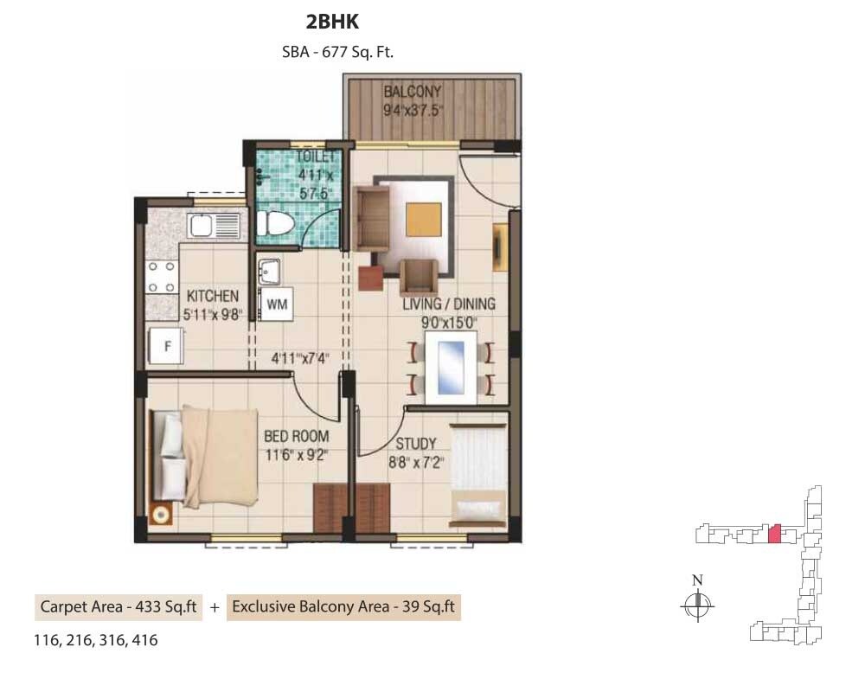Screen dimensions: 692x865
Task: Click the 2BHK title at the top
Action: (332, 22)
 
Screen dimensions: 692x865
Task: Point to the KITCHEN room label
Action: (213, 297)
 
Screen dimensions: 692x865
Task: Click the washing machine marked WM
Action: (277, 304)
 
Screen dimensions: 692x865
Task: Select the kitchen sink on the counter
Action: (201, 227)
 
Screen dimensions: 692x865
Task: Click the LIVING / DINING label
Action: (449, 304)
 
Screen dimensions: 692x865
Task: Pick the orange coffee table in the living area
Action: (422, 215)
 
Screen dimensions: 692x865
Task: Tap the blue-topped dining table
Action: (450, 368)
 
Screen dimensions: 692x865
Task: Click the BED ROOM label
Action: (297, 437)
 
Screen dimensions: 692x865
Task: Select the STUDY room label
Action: (415, 445)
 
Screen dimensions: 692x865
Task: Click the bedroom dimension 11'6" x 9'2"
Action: (297, 452)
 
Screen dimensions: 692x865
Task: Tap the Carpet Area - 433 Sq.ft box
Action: (117, 607)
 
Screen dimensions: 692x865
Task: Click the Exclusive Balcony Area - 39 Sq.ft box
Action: (343, 607)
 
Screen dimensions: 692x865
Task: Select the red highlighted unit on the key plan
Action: (775, 534)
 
